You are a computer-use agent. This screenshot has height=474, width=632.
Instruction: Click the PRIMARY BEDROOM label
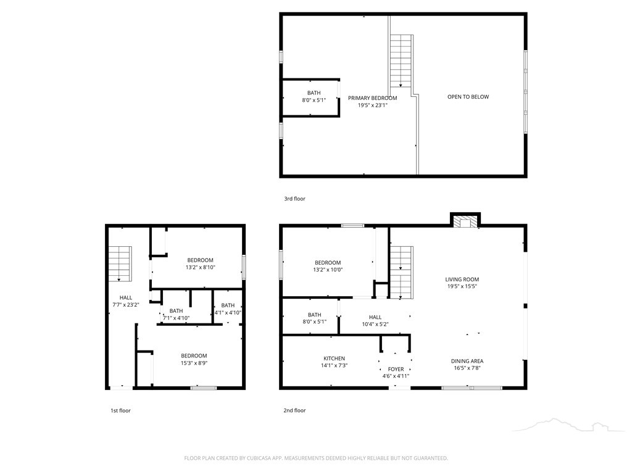[x=372, y=98]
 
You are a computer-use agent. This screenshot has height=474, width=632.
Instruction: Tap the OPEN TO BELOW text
[x=468, y=97]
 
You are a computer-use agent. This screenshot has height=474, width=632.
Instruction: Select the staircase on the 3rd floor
[x=401, y=61]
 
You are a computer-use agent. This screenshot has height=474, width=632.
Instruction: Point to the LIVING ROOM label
[x=462, y=280]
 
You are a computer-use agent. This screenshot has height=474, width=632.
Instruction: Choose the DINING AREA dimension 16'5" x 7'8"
[x=467, y=368]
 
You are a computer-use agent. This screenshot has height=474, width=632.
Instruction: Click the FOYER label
[x=396, y=369]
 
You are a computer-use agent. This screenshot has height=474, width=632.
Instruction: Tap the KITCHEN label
[x=334, y=359]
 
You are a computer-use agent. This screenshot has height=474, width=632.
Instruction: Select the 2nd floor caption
[x=294, y=410]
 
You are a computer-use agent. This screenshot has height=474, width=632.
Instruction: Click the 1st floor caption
[x=120, y=410]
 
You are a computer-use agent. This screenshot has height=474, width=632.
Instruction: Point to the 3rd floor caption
[x=294, y=199]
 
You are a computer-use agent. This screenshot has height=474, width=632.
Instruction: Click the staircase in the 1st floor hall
[x=120, y=264]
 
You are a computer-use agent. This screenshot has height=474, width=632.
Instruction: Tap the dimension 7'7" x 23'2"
[x=126, y=305]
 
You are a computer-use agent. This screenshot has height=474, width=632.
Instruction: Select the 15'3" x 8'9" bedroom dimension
[x=194, y=363]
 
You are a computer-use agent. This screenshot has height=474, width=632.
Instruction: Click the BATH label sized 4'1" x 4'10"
[x=228, y=305]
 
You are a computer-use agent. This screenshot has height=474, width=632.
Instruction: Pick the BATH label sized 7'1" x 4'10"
[x=176, y=311]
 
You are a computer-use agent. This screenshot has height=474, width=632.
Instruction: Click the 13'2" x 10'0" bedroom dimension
[x=328, y=270]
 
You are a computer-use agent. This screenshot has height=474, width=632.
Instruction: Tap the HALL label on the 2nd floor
[x=375, y=317]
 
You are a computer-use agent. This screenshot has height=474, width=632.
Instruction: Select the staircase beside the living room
[x=401, y=272]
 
